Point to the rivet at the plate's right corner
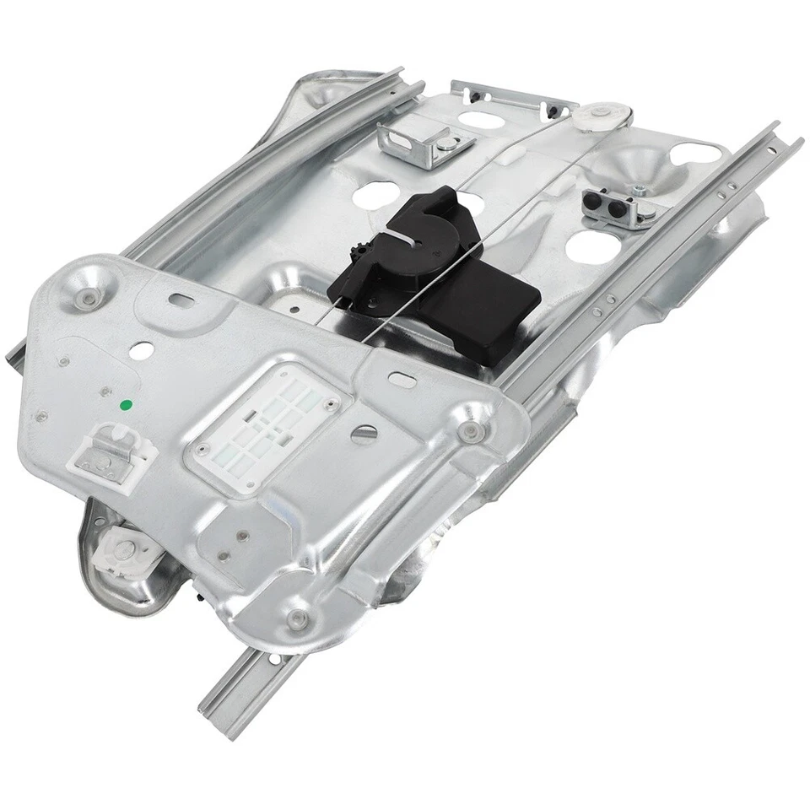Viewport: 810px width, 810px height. tap(470, 432)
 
